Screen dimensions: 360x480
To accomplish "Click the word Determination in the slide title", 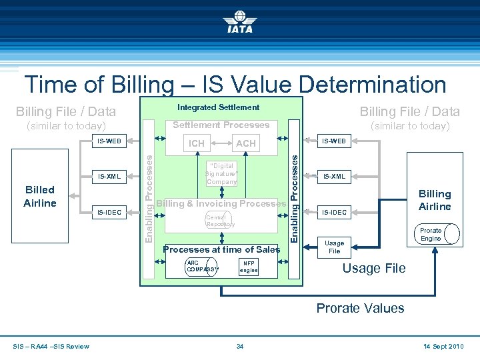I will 373,85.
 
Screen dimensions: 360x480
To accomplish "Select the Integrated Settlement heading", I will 218,107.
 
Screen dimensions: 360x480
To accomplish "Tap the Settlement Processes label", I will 221,125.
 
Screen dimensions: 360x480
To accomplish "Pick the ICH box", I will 197,143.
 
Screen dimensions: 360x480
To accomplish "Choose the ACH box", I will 246,143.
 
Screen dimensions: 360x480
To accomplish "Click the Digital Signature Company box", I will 221,174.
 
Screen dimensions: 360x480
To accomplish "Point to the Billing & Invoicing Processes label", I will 221,203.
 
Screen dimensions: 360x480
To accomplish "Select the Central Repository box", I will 221,220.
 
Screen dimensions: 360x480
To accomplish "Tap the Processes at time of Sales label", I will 221,249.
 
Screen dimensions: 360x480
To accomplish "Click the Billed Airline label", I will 39,196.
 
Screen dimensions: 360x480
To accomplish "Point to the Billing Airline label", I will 435,200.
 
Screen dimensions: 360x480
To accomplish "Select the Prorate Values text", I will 360,308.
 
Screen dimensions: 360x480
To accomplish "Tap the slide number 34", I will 240,346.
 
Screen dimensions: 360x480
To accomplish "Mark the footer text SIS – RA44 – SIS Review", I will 51,346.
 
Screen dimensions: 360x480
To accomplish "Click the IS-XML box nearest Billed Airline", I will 109,177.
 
